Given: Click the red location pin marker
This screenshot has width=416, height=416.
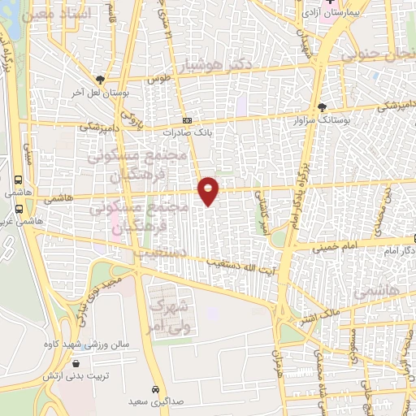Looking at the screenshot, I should [x=209, y=190].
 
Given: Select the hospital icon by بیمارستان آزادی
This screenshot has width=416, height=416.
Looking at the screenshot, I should [x=330, y=3].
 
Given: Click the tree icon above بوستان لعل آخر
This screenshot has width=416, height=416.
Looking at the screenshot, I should [x=101, y=79].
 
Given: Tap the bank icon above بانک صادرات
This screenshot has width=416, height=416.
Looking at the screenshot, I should [x=186, y=119].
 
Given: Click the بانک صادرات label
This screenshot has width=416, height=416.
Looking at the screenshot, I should [x=186, y=131].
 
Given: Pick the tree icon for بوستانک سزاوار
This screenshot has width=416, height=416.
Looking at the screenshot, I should [x=323, y=106].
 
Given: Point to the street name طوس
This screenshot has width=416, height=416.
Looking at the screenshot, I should [x=157, y=79].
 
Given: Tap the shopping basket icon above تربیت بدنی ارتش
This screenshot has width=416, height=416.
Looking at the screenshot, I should [x=76, y=364].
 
